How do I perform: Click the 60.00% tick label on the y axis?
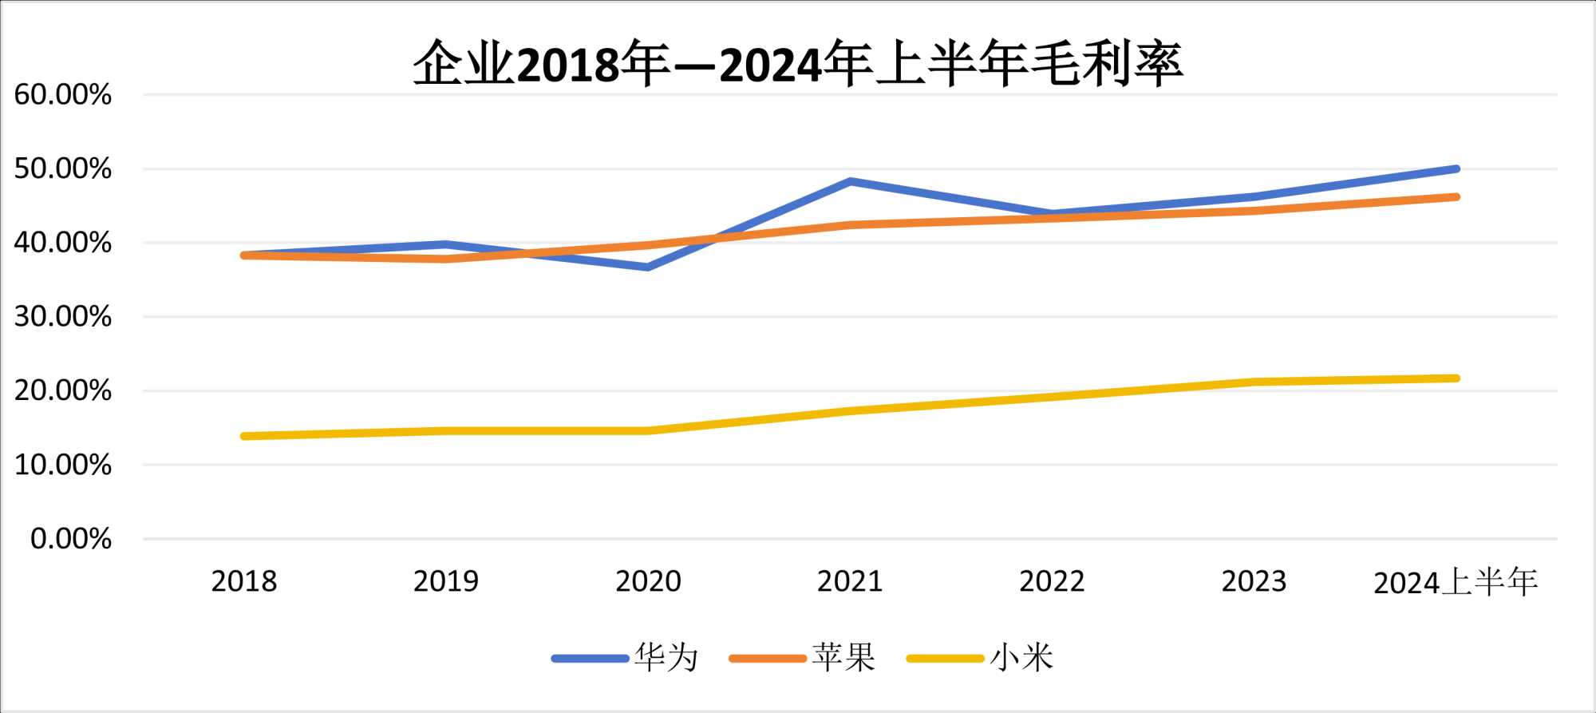(x=63, y=95)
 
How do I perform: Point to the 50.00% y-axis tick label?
(x=63, y=168)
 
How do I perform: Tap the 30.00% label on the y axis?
(x=63, y=317)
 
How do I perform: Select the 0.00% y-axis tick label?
(x=71, y=539)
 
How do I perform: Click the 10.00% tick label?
(x=63, y=465)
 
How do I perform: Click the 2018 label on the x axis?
(x=244, y=581)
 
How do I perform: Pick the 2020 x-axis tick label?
(x=648, y=581)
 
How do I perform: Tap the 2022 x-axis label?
(x=1052, y=581)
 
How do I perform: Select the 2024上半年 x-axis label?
(x=1456, y=582)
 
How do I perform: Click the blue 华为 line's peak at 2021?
(x=851, y=181)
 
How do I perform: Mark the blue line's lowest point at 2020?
(x=648, y=267)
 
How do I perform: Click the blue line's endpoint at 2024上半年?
(x=1456, y=169)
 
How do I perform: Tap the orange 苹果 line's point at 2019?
(x=446, y=259)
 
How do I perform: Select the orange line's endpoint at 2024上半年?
(x=1456, y=196)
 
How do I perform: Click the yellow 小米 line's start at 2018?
(x=244, y=436)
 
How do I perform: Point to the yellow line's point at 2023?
(x=1254, y=382)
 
